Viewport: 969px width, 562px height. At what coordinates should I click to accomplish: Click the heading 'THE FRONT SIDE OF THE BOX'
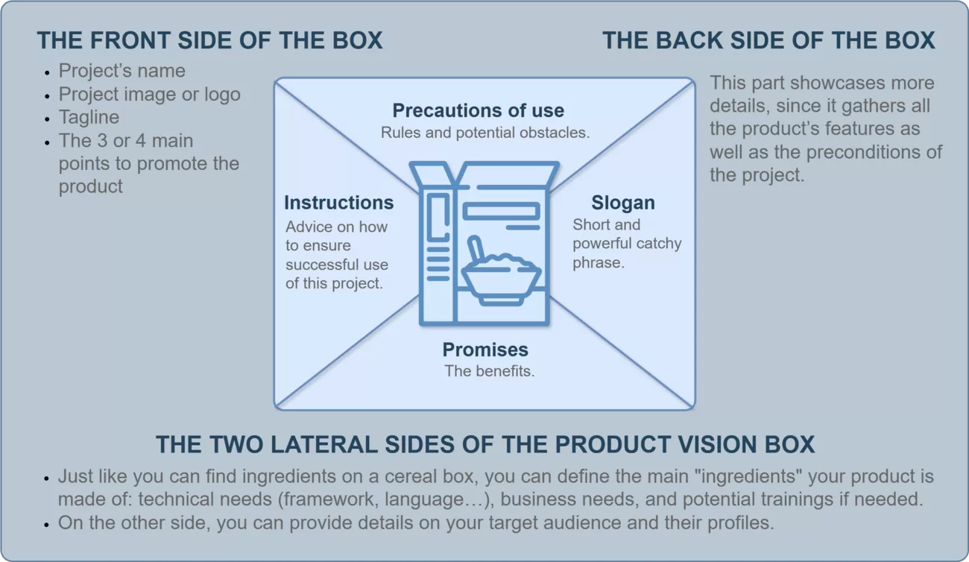(x=209, y=40)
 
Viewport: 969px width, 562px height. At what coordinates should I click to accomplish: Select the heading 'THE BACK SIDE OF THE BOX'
(x=768, y=40)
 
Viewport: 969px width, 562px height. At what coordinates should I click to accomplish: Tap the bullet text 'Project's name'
(x=122, y=71)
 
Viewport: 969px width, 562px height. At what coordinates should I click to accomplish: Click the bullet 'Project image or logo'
(x=149, y=95)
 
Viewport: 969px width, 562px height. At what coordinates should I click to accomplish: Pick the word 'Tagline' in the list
(x=89, y=118)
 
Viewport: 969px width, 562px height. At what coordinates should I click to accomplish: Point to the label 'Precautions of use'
(x=478, y=111)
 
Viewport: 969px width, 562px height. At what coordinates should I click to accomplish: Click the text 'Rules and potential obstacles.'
(x=485, y=133)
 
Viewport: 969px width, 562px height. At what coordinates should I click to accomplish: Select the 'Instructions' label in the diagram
(x=338, y=203)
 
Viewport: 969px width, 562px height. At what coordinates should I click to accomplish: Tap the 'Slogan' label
(x=622, y=203)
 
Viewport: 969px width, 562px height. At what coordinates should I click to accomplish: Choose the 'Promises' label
(x=485, y=350)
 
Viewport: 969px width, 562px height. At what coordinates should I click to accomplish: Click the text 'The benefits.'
(x=489, y=371)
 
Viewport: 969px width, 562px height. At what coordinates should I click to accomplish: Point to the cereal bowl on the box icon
(x=501, y=280)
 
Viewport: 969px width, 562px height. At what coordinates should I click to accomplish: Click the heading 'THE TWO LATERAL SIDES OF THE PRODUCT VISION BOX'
(x=484, y=445)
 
